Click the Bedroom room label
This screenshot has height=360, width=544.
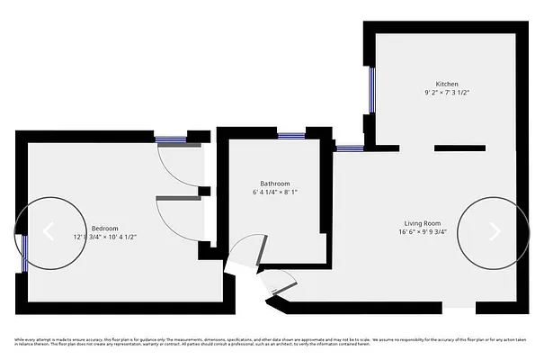coord(105,229)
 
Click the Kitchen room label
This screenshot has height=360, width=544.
coord(447,83)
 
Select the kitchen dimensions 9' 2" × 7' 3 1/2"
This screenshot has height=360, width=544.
coord(447,93)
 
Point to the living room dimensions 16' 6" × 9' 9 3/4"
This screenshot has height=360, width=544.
coord(421,231)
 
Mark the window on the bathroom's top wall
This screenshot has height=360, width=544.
coord(290,136)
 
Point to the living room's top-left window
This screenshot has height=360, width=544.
coord(350,146)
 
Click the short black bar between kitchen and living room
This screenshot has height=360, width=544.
coord(460,147)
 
